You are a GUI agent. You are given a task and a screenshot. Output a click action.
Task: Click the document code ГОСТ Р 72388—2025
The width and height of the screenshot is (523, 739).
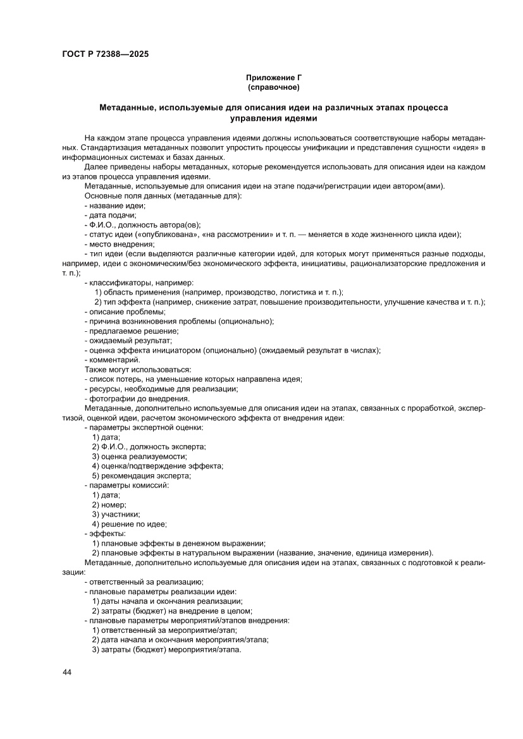(x=105, y=54)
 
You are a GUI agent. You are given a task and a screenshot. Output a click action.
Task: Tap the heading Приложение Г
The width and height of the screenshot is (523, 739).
(x=274, y=78)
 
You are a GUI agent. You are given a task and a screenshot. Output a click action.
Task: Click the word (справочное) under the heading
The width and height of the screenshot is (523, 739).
(x=274, y=87)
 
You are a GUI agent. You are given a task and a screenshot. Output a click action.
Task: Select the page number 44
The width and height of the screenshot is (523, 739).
(x=67, y=672)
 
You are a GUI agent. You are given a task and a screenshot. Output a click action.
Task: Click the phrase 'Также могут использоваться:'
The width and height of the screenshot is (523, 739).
(x=137, y=369)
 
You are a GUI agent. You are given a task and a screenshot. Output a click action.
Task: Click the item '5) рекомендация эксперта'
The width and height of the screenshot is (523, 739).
(x=142, y=475)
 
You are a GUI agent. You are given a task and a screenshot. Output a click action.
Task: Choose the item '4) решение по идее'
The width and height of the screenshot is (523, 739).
(x=130, y=524)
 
